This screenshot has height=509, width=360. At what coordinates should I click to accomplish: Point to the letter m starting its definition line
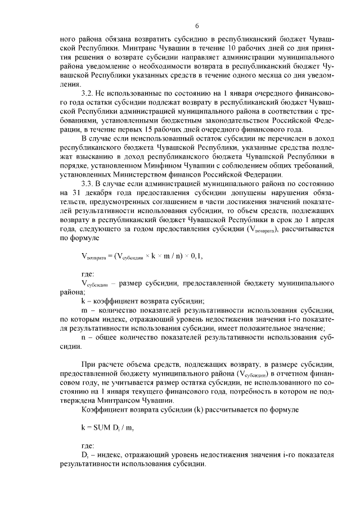point(84,310)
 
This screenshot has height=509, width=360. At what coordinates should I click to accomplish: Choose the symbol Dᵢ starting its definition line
point(85,454)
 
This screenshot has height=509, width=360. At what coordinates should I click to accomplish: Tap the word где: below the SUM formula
point(89,444)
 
